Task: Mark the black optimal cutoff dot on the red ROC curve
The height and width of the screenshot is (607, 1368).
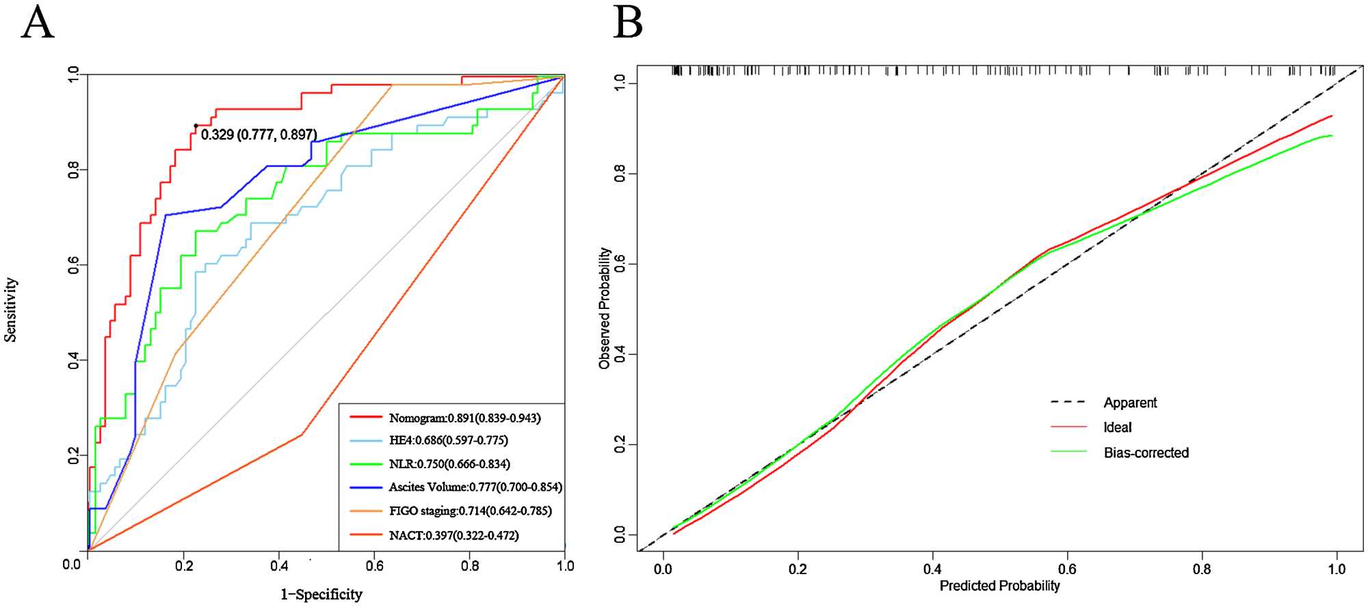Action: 196,126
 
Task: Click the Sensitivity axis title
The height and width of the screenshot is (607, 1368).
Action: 10,310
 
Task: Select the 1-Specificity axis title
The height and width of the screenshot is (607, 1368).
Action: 321,594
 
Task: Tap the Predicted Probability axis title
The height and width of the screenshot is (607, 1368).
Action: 999,586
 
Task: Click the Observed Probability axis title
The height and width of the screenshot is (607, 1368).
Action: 604,308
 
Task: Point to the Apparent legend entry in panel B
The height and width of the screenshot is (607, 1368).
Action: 1130,403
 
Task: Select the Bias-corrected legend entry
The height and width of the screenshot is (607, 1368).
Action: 1146,453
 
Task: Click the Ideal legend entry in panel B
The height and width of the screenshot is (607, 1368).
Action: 1117,427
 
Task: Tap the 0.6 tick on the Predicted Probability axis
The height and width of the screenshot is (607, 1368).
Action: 1067,569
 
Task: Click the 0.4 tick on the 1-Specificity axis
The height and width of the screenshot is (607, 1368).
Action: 279,565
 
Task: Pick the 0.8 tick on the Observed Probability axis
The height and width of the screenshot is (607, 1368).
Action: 620,174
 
